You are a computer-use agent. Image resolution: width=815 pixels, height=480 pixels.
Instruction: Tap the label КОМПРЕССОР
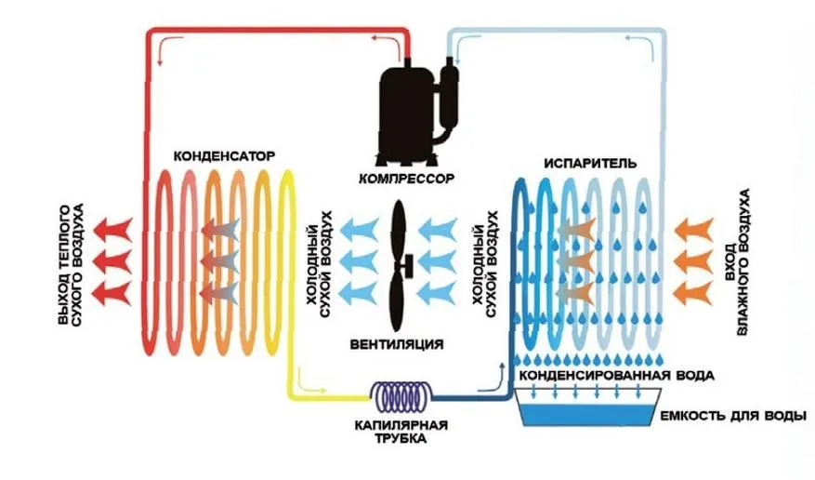click(406, 179)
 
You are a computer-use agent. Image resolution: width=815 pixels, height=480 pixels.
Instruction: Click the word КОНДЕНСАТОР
click(224, 156)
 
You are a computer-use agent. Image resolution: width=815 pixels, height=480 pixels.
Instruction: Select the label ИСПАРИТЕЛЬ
click(590, 164)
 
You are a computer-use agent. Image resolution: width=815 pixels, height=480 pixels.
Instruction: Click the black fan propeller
click(400, 266)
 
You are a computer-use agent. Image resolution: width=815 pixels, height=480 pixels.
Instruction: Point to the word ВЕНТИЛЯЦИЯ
click(397, 344)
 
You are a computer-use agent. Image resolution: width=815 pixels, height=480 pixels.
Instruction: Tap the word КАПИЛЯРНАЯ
click(401, 425)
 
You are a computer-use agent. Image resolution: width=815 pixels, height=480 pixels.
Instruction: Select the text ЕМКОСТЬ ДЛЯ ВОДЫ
click(733, 416)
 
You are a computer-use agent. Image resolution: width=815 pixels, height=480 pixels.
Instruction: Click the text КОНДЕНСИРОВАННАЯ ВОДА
click(616, 375)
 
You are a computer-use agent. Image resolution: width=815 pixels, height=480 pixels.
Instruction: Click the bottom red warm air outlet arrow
click(112, 293)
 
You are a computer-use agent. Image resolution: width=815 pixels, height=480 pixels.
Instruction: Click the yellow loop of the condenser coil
click(287, 260)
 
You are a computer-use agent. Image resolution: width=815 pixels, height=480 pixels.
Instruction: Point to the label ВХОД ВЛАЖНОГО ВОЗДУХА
click(738, 262)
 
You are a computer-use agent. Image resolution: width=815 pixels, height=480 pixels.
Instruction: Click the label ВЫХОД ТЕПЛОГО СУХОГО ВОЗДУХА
click(72, 265)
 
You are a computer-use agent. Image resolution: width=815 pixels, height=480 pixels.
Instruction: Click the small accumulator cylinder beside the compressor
click(449, 96)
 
